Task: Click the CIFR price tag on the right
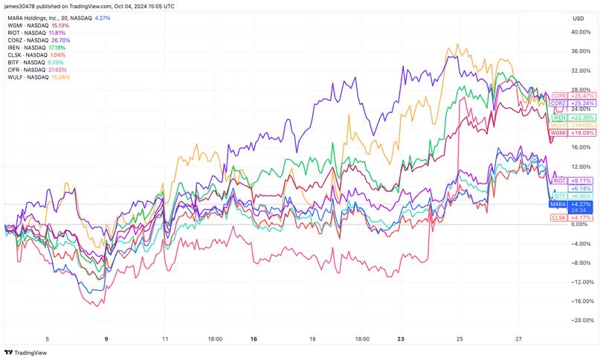click(570, 96)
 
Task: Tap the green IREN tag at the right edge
click(570, 118)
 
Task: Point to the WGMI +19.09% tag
click(570, 132)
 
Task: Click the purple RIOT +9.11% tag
click(570, 180)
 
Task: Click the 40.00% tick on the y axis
click(581, 32)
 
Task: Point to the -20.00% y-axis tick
click(581, 321)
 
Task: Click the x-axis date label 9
click(106, 338)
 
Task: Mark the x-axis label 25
click(459, 338)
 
